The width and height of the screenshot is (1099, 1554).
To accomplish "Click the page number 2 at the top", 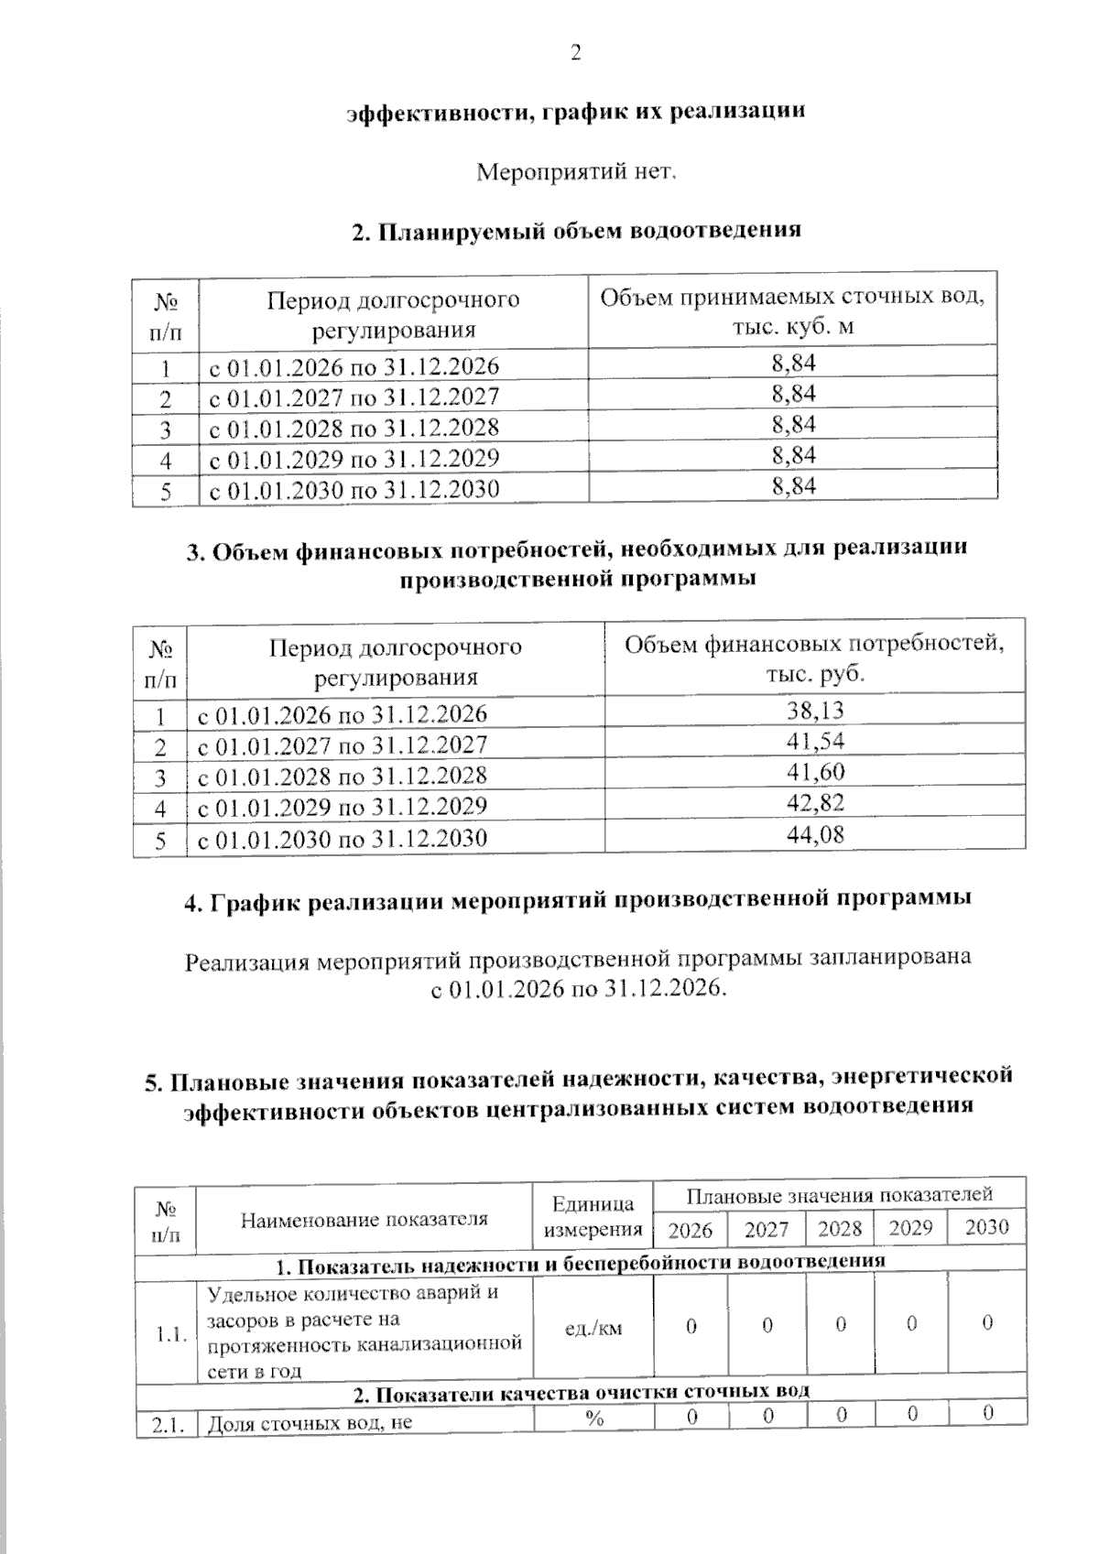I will point(576,53).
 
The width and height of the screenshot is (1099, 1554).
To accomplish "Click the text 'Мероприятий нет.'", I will point(577,171).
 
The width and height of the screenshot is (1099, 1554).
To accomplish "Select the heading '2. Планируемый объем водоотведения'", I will point(577,230).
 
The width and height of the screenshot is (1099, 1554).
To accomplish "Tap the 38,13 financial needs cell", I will point(815,710).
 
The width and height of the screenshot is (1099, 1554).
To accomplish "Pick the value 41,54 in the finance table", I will point(815,741).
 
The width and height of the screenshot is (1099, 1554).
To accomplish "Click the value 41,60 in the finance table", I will point(815,772).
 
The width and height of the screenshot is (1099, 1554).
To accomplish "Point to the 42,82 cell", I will point(815,803).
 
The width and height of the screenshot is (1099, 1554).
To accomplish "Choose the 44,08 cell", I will point(815,834).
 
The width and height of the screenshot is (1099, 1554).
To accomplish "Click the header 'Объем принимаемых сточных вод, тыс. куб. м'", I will point(792,311).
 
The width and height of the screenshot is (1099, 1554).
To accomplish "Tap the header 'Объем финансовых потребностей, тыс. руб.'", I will point(814,658).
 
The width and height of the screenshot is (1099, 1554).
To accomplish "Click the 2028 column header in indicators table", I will point(840,1228).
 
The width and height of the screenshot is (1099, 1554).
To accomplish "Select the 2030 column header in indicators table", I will point(986,1227).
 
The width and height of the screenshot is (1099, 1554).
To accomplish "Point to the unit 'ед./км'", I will point(593,1328).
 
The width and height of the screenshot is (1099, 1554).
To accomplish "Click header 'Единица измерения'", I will point(593,1216).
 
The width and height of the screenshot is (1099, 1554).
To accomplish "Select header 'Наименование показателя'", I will point(364,1219).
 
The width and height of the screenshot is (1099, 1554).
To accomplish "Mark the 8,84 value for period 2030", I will point(793,486).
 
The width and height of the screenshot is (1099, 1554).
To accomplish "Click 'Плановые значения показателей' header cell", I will point(839,1195).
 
